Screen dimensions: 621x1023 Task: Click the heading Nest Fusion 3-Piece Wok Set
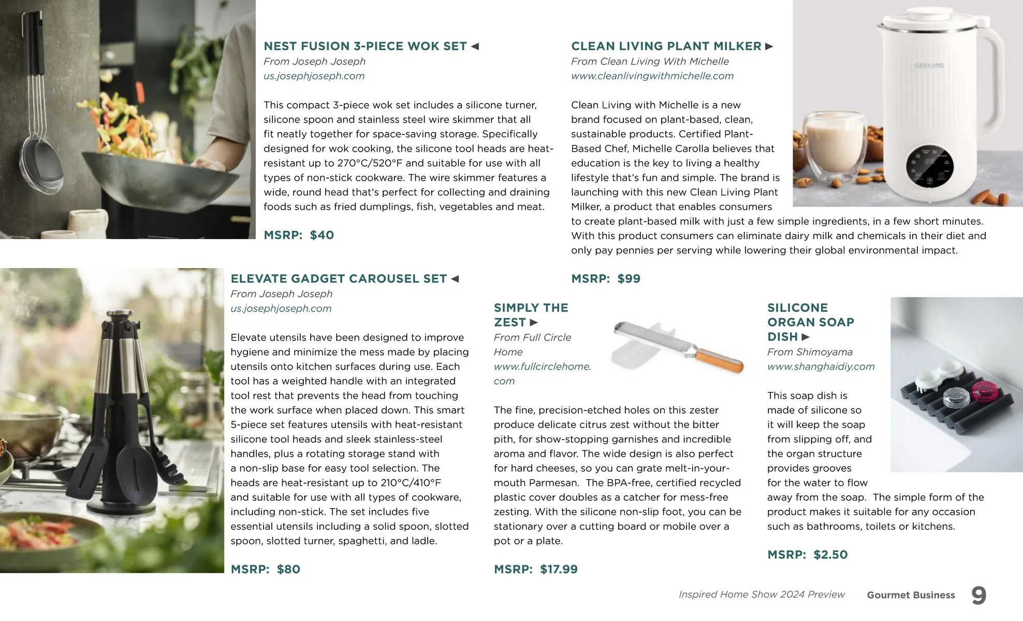point(365,46)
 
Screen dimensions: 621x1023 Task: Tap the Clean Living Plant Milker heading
point(666,46)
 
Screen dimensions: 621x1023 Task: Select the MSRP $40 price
point(299,235)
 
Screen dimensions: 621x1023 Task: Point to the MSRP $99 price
point(606,278)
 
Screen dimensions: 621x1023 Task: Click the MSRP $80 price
point(265,569)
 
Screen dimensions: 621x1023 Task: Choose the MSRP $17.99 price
point(535,569)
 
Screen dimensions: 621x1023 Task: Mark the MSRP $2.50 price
point(807,555)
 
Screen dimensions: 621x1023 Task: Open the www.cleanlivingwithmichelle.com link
point(652,76)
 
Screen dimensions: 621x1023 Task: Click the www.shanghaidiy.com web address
point(821,366)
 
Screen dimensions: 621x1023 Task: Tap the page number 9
point(978,595)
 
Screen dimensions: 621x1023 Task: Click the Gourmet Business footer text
point(911,595)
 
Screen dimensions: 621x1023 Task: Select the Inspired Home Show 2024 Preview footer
point(762,595)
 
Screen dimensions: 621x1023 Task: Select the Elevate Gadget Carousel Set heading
point(339,278)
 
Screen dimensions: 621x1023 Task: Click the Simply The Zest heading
point(531,315)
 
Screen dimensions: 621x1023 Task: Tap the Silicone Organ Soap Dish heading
point(810,322)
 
